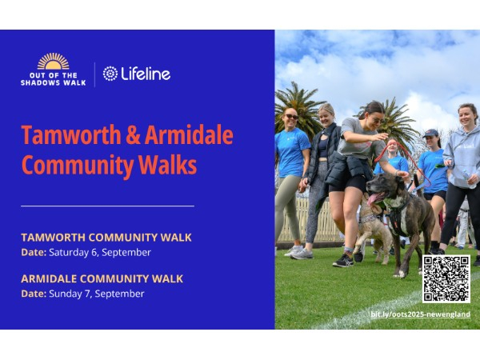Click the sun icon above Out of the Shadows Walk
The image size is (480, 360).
coord(54,62)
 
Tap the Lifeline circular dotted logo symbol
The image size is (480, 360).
coord(110,74)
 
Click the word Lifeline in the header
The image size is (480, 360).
coord(146,74)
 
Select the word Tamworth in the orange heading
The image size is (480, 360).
coord(71,134)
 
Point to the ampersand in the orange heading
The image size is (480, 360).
coord(133,135)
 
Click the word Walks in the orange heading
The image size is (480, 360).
coord(168,165)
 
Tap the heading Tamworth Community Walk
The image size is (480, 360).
coord(106,238)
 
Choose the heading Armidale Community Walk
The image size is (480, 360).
coord(102,279)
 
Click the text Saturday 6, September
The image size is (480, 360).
coord(100,253)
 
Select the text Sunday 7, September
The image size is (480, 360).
coord(97,294)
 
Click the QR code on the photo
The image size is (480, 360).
coord(446,279)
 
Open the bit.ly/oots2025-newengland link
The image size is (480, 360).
coord(420,314)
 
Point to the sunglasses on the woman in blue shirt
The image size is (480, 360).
coord(291,117)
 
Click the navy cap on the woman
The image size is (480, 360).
coord(430,133)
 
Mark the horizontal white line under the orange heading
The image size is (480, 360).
coord(107,206)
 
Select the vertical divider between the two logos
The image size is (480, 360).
coord(94,74)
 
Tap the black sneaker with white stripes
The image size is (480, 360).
coord(343,261)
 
